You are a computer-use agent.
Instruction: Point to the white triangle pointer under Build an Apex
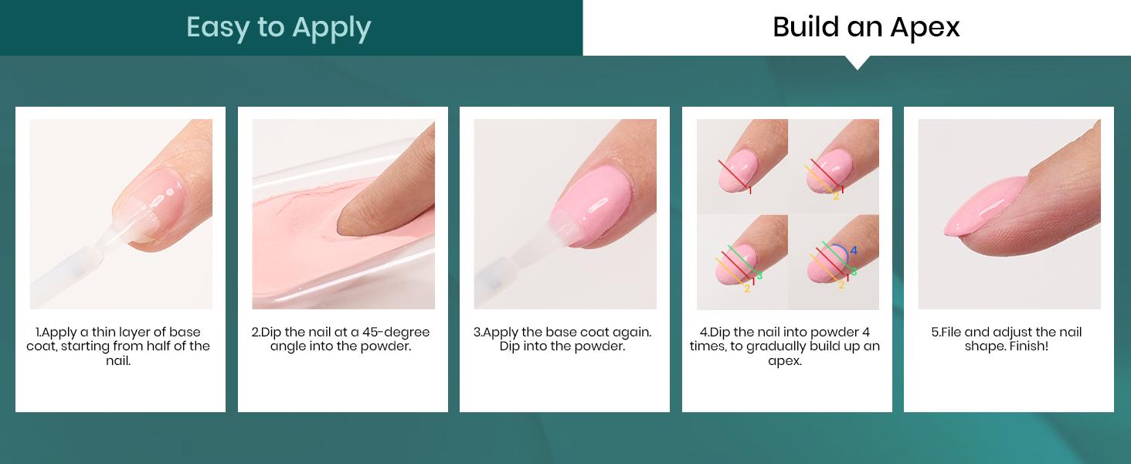pos(857,62)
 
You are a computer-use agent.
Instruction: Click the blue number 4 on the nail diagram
pos(854,251)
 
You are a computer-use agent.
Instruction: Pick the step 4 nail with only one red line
pos(738,172)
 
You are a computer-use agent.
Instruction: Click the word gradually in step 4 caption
pos(775,346)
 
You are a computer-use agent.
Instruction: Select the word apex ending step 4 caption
pos(784,360)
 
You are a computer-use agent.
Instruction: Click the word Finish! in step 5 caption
pos(1027,346)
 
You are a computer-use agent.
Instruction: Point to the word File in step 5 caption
pos(948,333)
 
